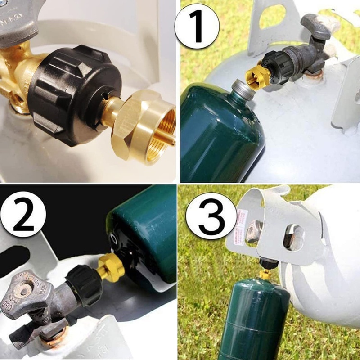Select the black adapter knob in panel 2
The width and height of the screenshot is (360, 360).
click(x=83, y=281)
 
